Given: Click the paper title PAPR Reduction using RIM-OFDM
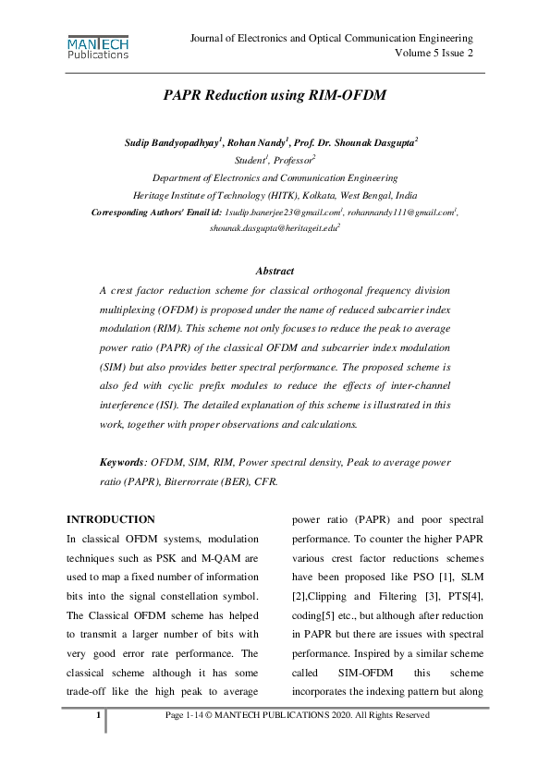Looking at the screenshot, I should click(x=275, y=95).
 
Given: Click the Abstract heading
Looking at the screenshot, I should click(x=275, y=271).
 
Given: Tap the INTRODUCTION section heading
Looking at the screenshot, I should click(x=112, y=519).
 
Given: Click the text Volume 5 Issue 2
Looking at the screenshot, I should click(x=434, y=54).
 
